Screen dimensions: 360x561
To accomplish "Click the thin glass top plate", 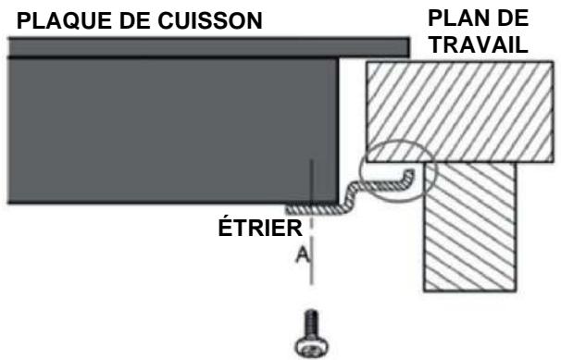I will tap(204, 46).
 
